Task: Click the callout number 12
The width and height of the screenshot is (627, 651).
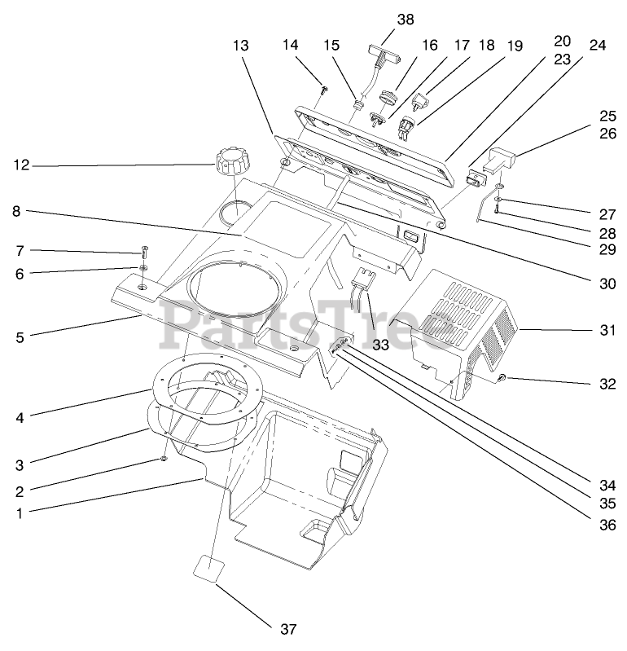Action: tap(20, 166)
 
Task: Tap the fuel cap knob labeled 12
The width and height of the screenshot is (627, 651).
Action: tap(230, 159)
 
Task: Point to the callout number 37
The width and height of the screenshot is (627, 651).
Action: tap(287, 628)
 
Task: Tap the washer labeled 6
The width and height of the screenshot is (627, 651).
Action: tap(143, 267)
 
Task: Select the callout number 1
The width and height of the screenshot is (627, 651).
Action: tap(19, 512)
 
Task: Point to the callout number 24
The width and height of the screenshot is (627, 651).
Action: tap(597, 46)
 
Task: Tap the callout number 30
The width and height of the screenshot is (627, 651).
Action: tap(606, 284)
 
